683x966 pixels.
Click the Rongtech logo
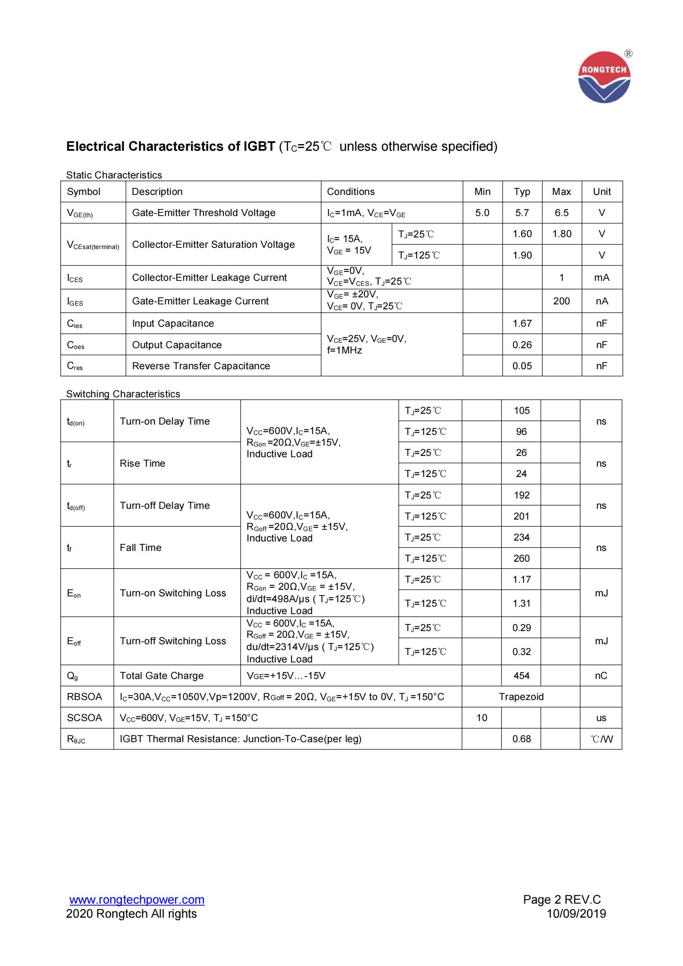[604, 77]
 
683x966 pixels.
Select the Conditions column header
[350, 192]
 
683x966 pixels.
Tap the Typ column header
[522, 192]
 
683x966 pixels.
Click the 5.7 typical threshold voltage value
[522, 213]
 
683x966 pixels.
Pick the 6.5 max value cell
[562, 213]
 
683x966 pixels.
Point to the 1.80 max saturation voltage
[562, 234]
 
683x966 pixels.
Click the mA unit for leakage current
[601, 278]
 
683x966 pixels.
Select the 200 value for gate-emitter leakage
[562, 301]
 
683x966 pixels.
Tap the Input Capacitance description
[173, 323]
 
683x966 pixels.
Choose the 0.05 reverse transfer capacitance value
[522, 366]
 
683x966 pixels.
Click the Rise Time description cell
[142, 463]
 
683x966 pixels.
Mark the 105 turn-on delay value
[522, 411]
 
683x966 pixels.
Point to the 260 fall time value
[522, 558]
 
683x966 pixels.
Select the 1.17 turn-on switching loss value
[522, 579]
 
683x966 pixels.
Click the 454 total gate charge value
[522, 676]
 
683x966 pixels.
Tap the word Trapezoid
[521, 697]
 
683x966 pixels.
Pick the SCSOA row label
[85, 718]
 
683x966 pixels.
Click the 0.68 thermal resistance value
[522, 739]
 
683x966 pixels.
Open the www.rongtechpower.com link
[137, 900]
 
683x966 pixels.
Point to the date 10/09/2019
[576, 914]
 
